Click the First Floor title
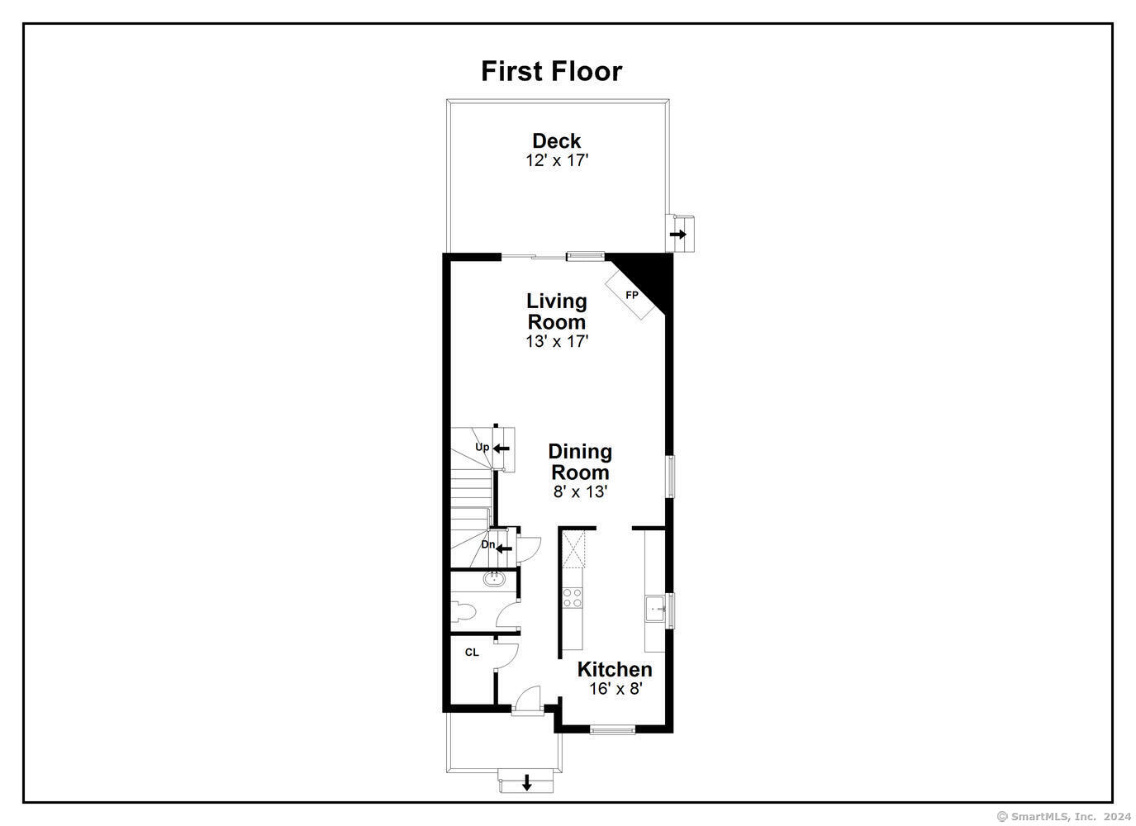[551, 72]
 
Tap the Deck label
[556, 140]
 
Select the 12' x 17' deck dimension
[557, 161]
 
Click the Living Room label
[556, 311]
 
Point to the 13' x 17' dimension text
[557, 342]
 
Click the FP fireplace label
[631, 295]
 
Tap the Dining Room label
[580, 462]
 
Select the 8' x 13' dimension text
[580, 491]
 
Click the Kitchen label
[615, 669]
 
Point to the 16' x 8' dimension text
[616, 689]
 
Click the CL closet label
[472, 653]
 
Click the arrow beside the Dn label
[504, 548]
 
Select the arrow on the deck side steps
[678, 235]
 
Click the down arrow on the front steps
[527, 782]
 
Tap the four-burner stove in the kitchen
[572, 597]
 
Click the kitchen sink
[655, 609]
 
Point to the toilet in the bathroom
[463, 611]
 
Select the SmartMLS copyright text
[1063, 816]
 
